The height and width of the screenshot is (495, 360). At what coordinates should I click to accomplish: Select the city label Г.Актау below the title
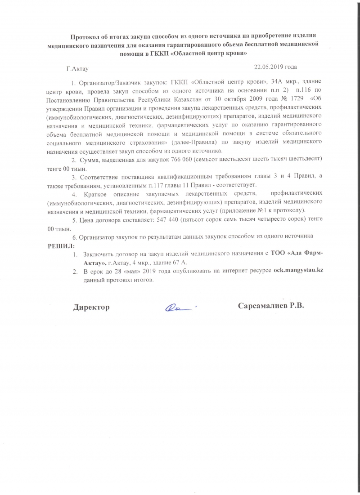click(x=77, y=69)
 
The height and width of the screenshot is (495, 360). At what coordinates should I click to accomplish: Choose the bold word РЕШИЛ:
click(x=62, y=245)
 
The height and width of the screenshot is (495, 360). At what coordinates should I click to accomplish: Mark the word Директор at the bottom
click(x=91, y=307)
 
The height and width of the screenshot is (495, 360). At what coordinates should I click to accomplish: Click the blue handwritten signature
click(x=180, y=308)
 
